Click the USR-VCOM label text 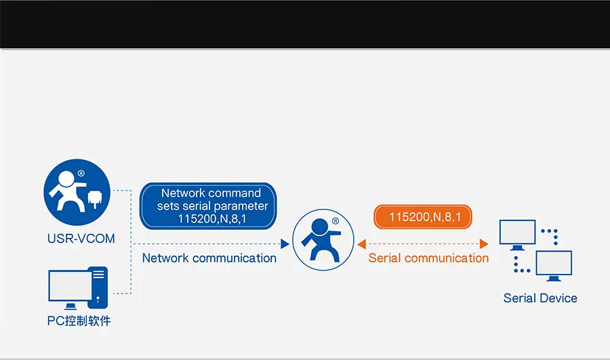[81, 239]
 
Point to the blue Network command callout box [209, 205]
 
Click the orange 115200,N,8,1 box [424, 217]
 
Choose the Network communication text [209, 258]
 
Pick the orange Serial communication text [428, 258]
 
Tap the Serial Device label [540, 298]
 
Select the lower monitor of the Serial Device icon [554, 265]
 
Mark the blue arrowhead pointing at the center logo [285, 243]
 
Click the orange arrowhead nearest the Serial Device [484, 243]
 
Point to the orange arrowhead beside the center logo [361, 243]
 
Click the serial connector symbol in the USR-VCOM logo [95, 199]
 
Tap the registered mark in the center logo [335, 221]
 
